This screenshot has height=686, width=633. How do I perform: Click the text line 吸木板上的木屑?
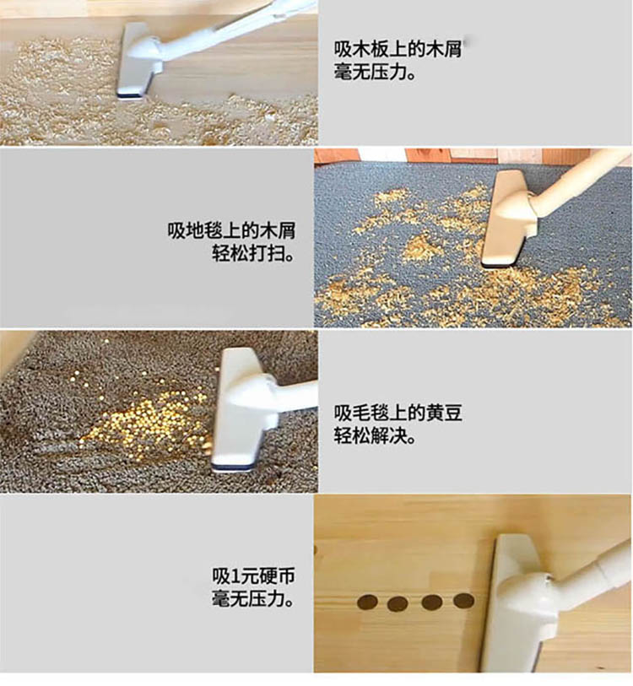pyautogui.click(x=398, y=50)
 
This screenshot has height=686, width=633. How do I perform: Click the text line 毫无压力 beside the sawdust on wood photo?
pyautogui.click(x=375, y=72)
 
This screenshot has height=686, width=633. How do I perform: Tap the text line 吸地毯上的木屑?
pyautogui.click(x=231, y=230)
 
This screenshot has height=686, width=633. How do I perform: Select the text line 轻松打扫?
pyautogui.click(x=253, y=253)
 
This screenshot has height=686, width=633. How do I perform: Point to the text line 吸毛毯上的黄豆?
pyautogui.click(x=398, y=413)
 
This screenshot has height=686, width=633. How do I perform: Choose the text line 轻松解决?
pyautogui.click(x=375, y=435)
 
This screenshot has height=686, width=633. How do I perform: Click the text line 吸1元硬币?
pyautogui.click(x=253, y=575)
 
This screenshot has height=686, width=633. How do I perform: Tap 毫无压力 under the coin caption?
pyautogui.click(x=253, y=598)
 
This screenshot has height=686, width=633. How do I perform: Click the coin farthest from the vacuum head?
pyautogui.click(x=367, y=602)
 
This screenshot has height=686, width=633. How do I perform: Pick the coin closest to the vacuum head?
pyautogui.click(x=463, y=601)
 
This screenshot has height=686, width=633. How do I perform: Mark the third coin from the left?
pyautogui.click(x=431, y=602)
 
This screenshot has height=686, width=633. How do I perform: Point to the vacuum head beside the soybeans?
pyautogui.click(x=242, y=410)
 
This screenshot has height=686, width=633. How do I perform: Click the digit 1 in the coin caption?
pyautogui.click(x=235, y=576)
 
